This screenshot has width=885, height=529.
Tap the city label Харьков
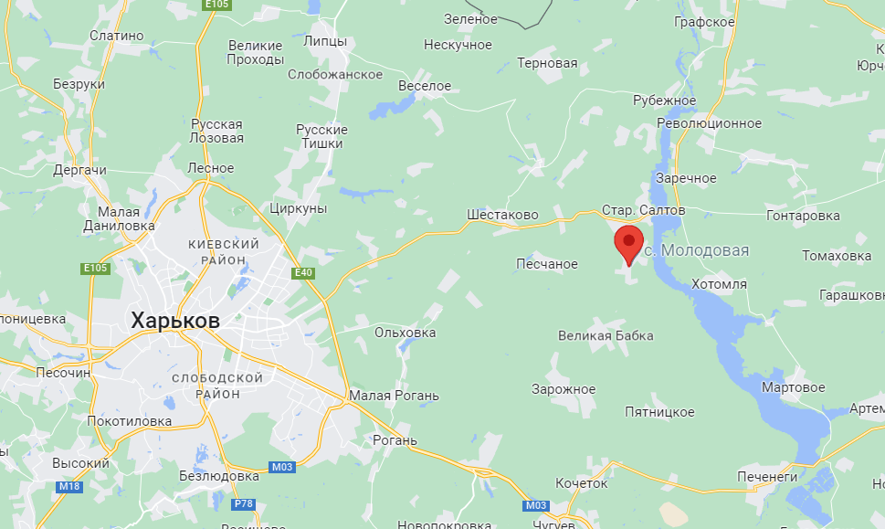(x=175, y=321)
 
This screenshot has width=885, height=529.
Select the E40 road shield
(x=303, y=272)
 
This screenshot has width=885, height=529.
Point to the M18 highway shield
(x=69, y=487)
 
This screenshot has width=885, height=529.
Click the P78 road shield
(x=243, y=503)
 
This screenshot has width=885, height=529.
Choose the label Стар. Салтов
(x=643, y=210)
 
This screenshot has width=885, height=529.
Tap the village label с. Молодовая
(x=697, y=250)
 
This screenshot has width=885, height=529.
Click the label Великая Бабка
(x=606, y=335)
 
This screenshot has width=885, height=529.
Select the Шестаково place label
(x=502, y=215)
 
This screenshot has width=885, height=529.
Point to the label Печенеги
(x=767, y=476)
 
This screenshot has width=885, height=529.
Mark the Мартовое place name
(x=794, y=387)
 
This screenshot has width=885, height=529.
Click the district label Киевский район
(x=224, y=252)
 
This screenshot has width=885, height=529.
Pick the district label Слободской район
(x=218, y=386)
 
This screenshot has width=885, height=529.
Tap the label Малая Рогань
(x=394, y=396)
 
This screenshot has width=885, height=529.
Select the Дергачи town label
(x=80, y=170)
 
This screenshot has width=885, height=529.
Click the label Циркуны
(x=299, y=208)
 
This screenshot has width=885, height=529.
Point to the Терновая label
(x=547, y=63)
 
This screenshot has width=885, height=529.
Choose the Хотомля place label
(x=719, y=284)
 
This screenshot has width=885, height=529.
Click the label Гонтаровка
(x=803, y=216)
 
